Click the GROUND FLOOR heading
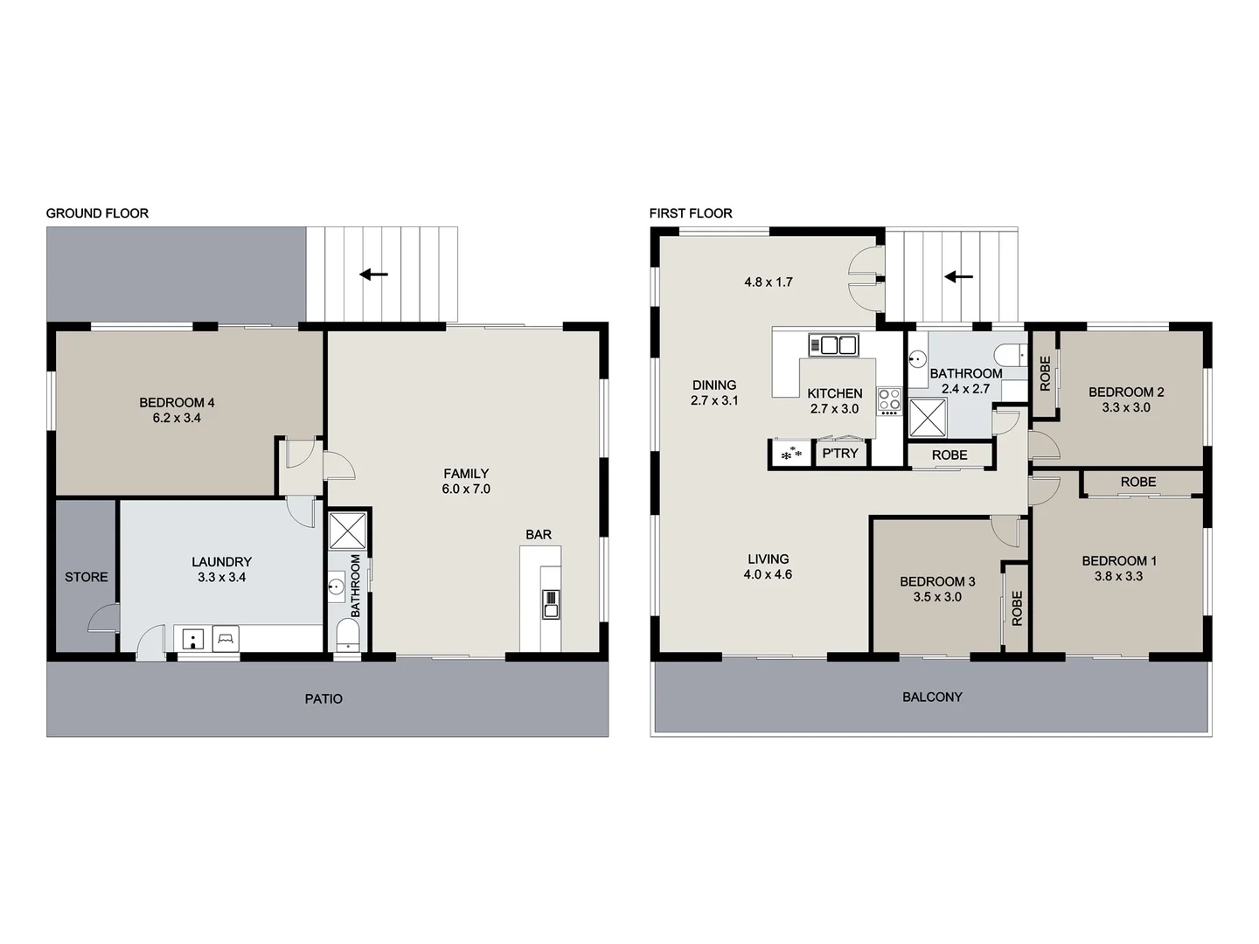[x=97, y=213]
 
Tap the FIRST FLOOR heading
[x=691, y=213]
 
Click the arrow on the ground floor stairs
[x=374, y=274]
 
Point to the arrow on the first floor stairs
[x=959, y=277]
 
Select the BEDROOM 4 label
[x=177, y=403]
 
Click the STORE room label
[x=87, y=577]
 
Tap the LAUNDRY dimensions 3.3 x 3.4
[x=221, y=578]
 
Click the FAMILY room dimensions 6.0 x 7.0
[x=466, y=489]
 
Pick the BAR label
[x=539, y=535]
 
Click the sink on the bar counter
[x=550, y=604]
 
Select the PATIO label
[x=323, y=699]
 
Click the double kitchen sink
[x=833, y=345]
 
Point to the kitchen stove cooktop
[x=889, y=401]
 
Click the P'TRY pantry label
[x=840, y=454]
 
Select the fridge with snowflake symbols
[x=791, y=455]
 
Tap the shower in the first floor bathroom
[x=928, y=417]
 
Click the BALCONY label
[x=932, y=698]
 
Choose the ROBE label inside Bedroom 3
[x=1017, y=608]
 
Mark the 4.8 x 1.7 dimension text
[x=769, y=282]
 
